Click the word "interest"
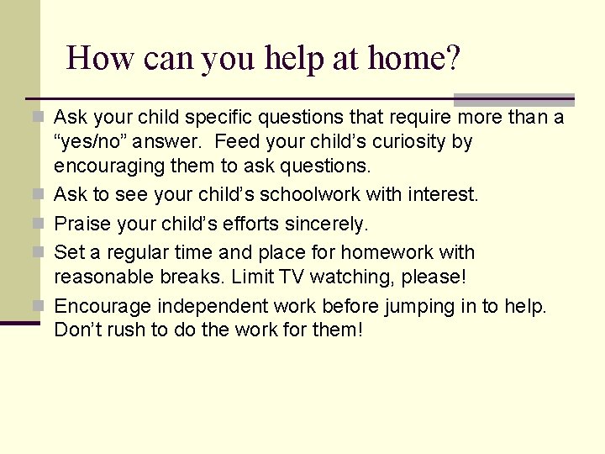(444, 195)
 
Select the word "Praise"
(82, 224)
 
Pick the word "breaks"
(190, 276)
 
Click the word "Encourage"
(103, 306)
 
